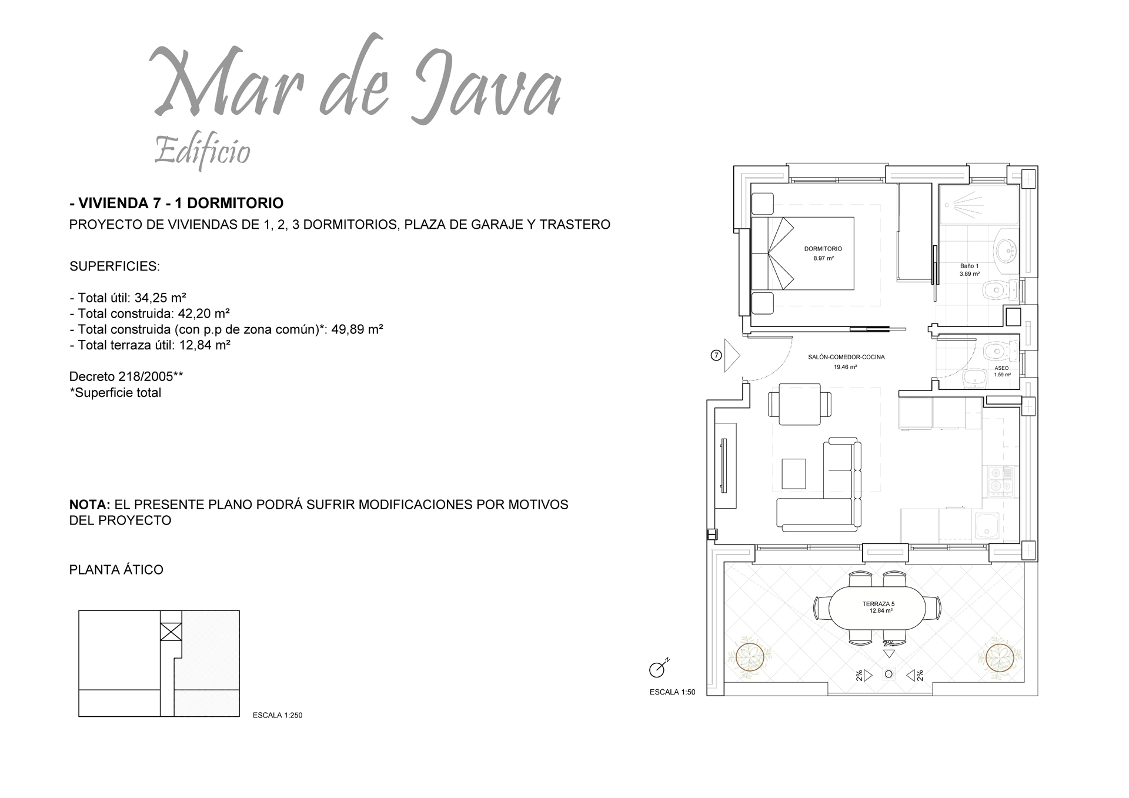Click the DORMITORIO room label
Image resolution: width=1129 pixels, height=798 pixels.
[x=823, y=249]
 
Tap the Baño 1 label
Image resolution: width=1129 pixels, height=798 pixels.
[x=969, y=266]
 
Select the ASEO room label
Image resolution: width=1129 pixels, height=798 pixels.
[x=1001, y=368]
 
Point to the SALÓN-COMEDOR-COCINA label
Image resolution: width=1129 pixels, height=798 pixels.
[x=846, y=357]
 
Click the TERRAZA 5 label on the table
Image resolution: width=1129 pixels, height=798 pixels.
[x=878, y=604]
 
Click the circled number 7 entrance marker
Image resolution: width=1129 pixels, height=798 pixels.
[x=716, y=355]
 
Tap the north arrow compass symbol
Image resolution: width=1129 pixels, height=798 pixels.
[x=657, y=668]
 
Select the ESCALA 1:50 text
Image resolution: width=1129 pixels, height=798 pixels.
[x=672, y=692]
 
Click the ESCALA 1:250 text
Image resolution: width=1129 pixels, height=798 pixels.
[x=277, y=715]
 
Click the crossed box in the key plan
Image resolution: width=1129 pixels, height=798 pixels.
[x=171, y=632]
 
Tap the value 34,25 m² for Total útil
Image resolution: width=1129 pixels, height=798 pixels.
[x=161, y=298]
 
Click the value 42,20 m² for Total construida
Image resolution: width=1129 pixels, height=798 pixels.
[x=203, y=313]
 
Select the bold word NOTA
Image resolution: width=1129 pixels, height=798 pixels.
[x=89, y=505]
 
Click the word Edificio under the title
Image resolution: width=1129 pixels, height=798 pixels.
[x=202, y=151]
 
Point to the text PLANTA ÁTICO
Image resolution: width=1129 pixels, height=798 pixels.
[x=116, y=570]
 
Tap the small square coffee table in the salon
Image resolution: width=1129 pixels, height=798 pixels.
[x=793, y=473]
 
